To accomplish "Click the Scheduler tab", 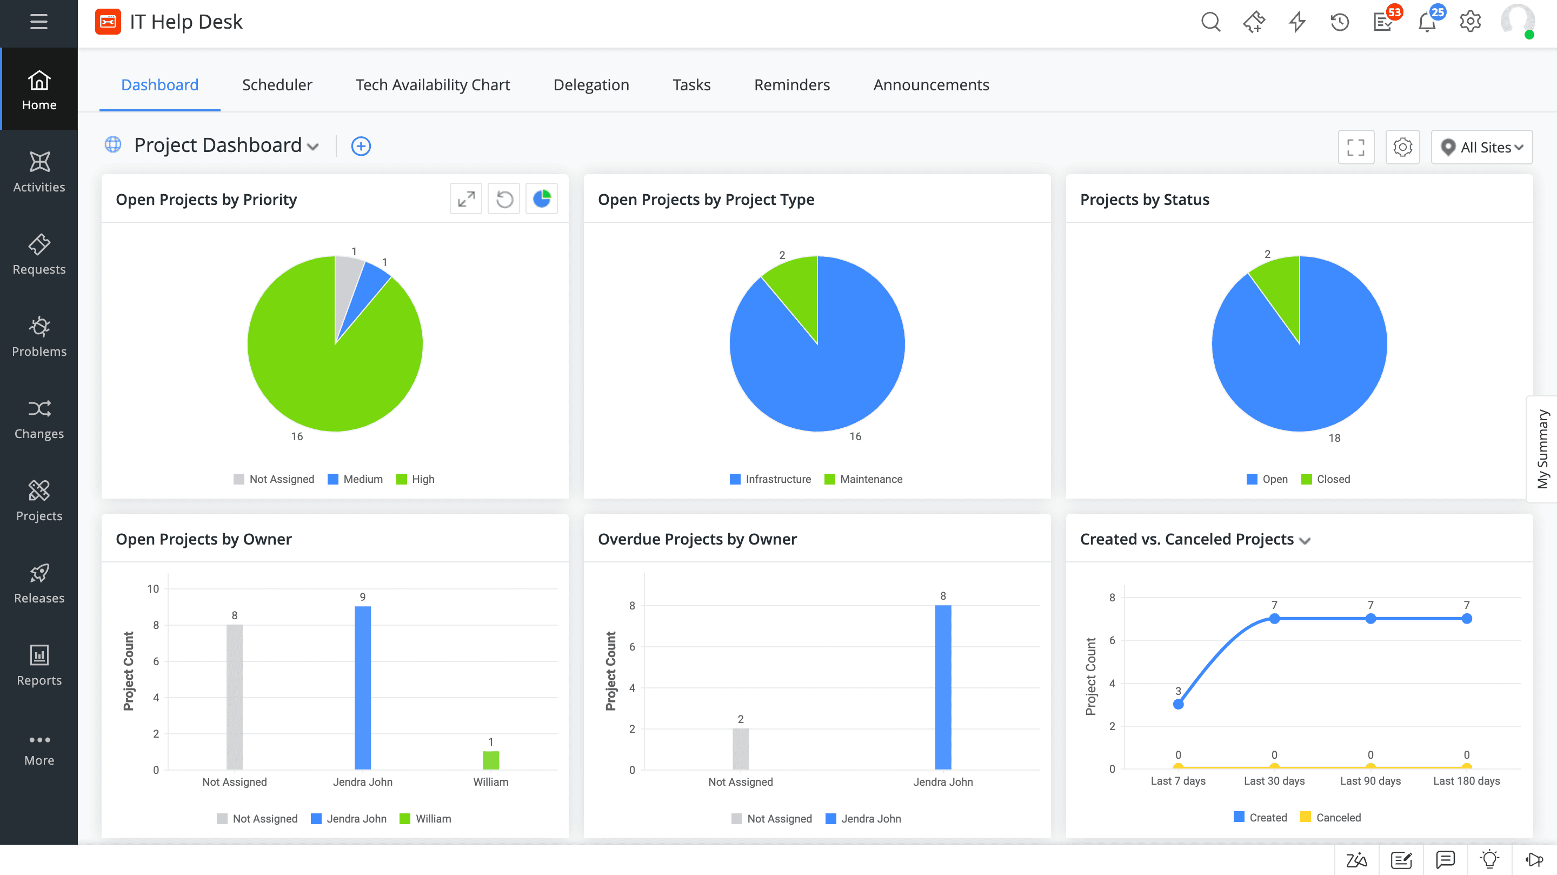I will (277, 85).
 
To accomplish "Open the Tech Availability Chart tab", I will (432, 85).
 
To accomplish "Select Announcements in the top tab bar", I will (931, 85).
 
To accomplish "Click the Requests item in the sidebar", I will (39, 255).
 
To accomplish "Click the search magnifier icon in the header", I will (1210, 22).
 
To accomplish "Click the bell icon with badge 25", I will (1427, 22).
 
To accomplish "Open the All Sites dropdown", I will (1481, 147).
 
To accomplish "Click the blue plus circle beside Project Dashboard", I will (361, 147).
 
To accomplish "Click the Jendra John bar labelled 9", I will (363, 687).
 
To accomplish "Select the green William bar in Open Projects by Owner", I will (491, 760).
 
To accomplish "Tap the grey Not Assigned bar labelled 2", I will (741, 748).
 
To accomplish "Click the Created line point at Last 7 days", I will (1178, 704).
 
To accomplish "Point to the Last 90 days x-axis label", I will (1370, 781).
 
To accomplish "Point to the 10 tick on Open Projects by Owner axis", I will (153, 589).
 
